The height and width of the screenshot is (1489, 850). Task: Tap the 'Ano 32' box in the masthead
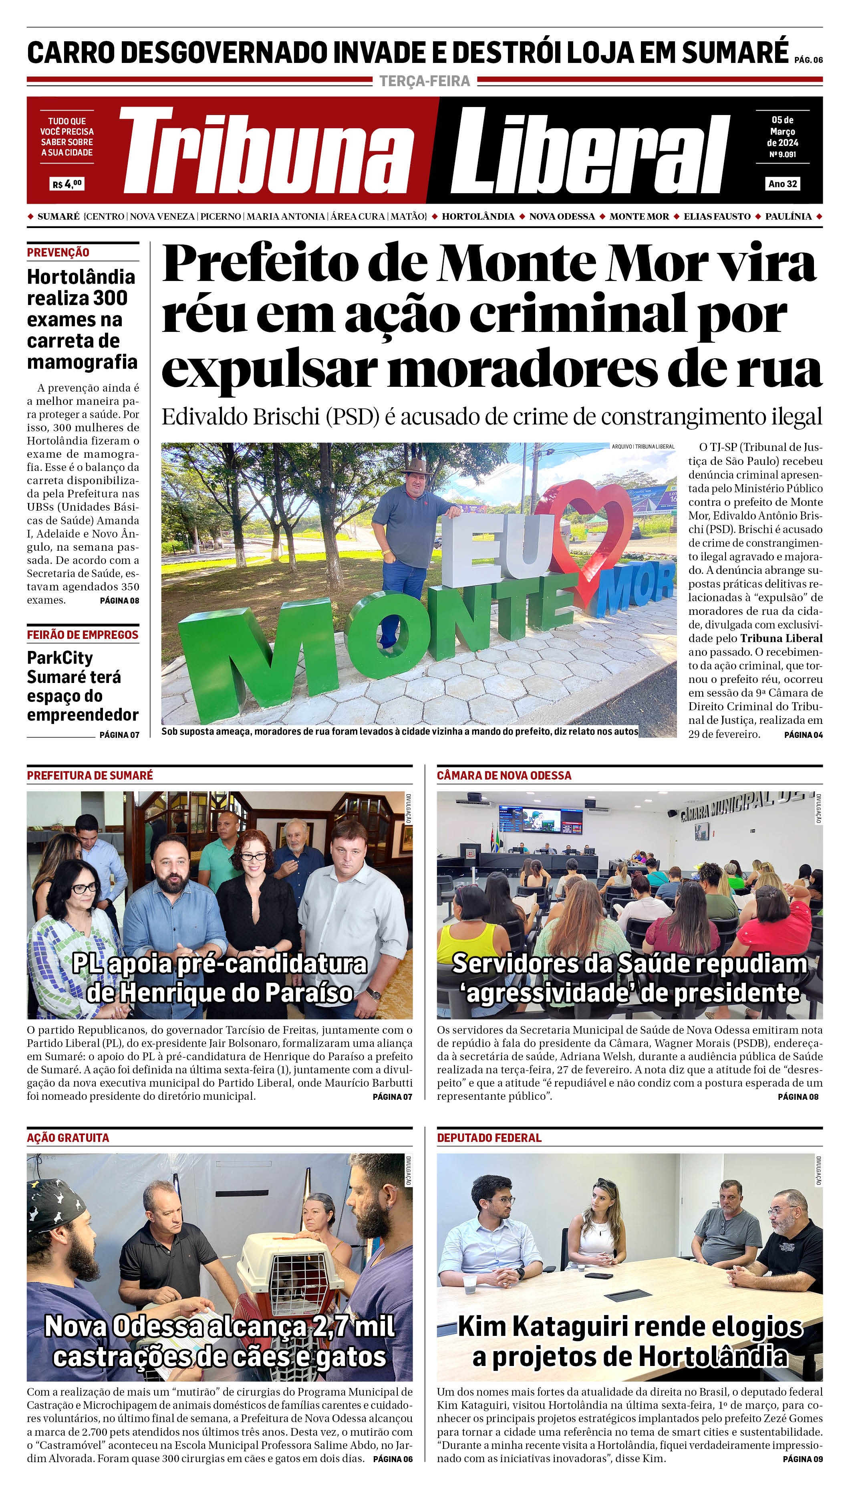click(x=782, y=184)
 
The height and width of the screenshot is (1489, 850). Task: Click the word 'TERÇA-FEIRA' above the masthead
click(x=425, y=81)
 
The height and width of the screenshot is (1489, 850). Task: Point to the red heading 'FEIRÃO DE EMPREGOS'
click(x=82, y=634)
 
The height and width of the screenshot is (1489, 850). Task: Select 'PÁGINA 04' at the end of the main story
click(x=803, y=735)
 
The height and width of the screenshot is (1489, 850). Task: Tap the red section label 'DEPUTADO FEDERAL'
click(x=489, y=1137)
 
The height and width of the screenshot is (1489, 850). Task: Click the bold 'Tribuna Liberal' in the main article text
click(x=781, y=638)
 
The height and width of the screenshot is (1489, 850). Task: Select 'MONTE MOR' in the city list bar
click(x=639, y=216)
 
